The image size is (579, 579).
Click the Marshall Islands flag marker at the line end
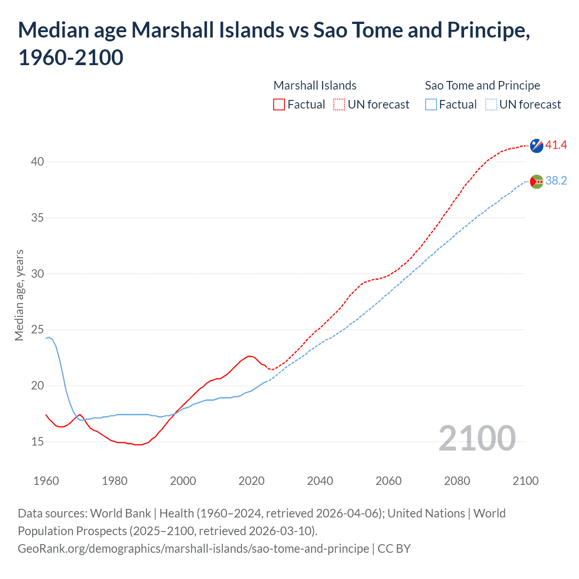(536, 146)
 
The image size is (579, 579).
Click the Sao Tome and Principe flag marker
(536, 181)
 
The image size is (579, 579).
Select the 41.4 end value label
(556, 145)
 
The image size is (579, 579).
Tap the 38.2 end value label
(556, 181)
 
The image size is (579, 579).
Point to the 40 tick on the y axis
(38, 162)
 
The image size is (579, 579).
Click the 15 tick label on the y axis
(38, 442)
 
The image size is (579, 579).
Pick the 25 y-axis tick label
(38, 330)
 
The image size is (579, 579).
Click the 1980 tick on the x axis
(114, 481)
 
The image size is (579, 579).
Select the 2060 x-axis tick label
(389, 481)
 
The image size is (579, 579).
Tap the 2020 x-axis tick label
(252, 481)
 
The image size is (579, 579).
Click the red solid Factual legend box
(279, 105)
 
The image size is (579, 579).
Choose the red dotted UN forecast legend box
(339, 105)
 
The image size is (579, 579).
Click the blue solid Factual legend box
(431, 105)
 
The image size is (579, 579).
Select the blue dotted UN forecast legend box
(491, 105)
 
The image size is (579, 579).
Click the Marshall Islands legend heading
(315, 85)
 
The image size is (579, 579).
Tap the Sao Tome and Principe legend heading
(482, 85)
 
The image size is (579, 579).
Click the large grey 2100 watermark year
(477, 438)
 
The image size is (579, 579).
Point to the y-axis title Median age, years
(19, 295)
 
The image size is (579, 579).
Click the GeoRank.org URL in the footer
(193, 549)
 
